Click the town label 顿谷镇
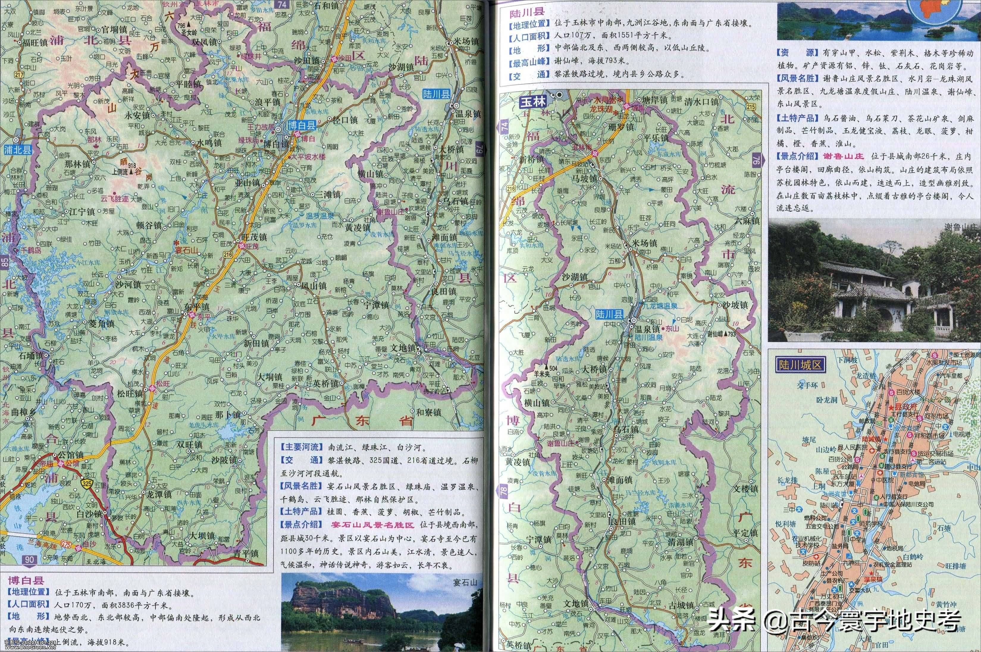coord(148,225)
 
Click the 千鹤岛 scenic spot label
coord(31,250)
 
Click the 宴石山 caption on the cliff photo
coord(465,582)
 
